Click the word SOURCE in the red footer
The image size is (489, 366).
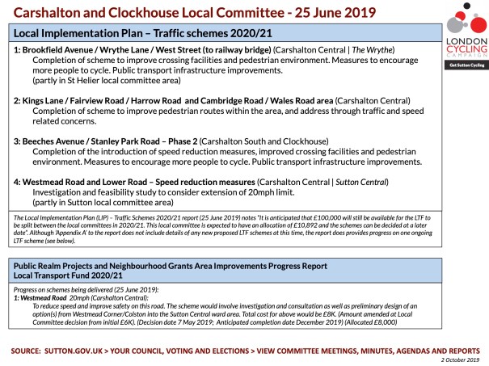31,350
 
